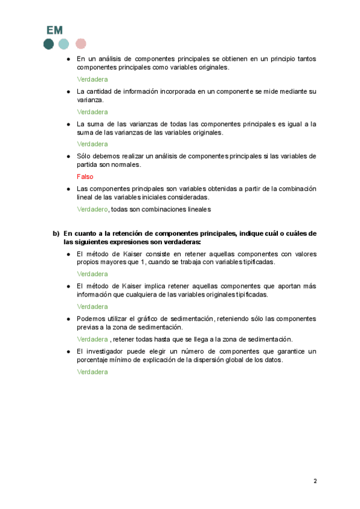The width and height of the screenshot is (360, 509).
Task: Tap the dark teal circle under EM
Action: coord(49,44)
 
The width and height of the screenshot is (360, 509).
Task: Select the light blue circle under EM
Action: coord(64,44)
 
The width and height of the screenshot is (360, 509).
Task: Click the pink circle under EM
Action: coord(80,44)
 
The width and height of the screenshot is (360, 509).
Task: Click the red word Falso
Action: coord(85,177)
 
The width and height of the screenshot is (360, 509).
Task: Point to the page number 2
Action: coord(315,481)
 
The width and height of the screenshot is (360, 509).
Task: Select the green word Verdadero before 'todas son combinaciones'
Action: coord(92,209)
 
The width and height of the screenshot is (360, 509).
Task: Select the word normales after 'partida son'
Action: coord(125,164)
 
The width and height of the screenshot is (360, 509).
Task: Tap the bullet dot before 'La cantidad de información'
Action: coord(69,91)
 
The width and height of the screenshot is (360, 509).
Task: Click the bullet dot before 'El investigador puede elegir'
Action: coord(69,351)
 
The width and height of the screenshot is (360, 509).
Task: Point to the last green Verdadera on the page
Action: coord(92,372)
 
